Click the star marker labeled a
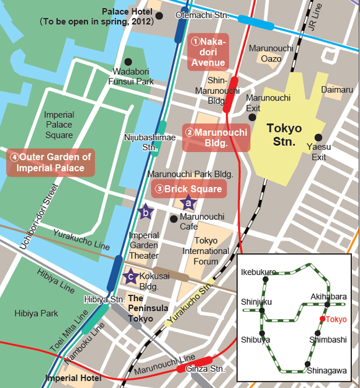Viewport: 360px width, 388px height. [187, 202]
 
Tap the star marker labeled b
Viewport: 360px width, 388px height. [145, 212]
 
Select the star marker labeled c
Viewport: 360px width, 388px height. [130, 276]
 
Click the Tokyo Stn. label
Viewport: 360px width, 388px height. [284, 135]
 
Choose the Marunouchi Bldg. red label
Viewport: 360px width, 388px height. [215, 138]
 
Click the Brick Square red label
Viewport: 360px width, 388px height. [188, 188]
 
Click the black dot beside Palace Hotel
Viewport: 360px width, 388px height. [160, 16]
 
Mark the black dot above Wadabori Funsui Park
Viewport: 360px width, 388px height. [128, 61]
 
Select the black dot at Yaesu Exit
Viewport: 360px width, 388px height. [318, 137]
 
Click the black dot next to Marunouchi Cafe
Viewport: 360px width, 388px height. [174, 218]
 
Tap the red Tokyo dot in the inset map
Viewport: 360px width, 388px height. [322, 319]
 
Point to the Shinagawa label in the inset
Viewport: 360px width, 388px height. [326, 371]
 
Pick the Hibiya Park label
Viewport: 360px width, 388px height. [36, 314]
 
